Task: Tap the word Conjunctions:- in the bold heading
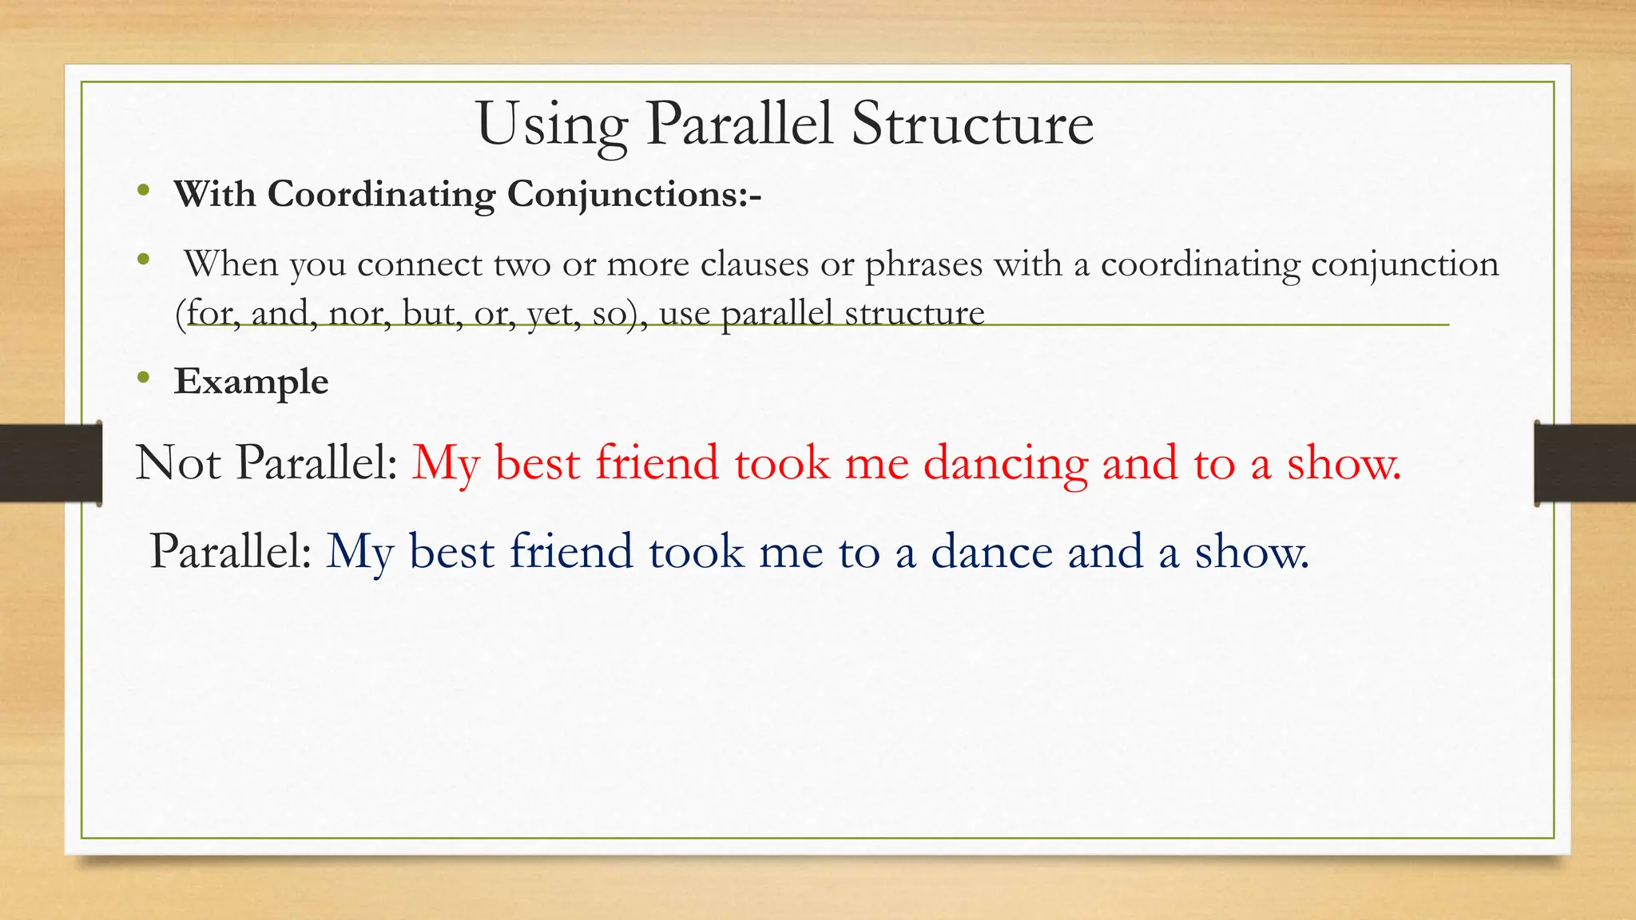634,194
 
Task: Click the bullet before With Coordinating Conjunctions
143,191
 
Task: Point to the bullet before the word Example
143,377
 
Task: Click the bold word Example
251,381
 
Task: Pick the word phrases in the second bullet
923,264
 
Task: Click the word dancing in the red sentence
1005,463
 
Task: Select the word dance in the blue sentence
991,552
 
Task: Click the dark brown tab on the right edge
1585,463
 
